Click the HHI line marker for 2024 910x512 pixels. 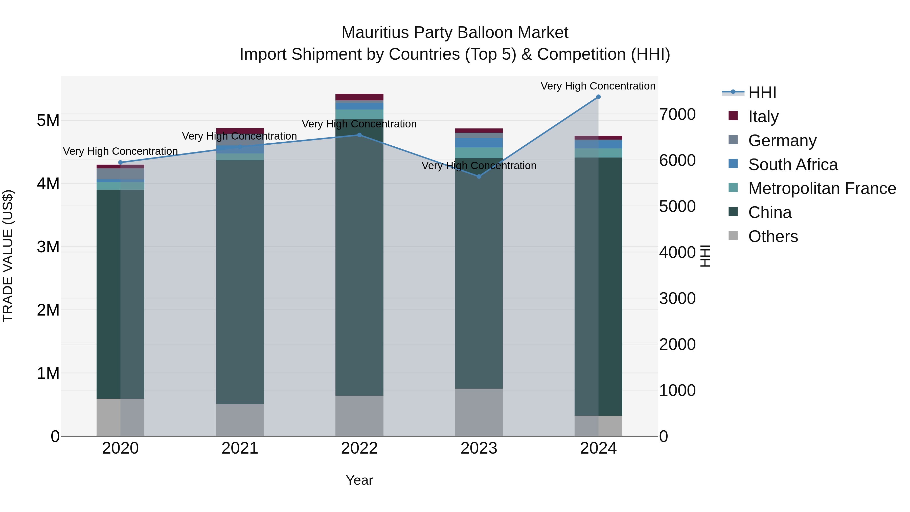(598, 97)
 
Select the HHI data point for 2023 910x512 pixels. (479, 176)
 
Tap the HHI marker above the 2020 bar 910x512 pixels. (121, 163)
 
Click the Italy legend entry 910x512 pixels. (763, 116)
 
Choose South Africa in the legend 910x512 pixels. (792, 165)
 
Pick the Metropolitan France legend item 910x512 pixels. (822, 188)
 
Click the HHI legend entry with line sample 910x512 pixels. (762, 93)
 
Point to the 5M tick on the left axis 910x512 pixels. (48, 121)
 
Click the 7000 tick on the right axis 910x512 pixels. (677, 115)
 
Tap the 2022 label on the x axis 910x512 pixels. (359, 448)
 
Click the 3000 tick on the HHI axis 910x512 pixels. (677, 298)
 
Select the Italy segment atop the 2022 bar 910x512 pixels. (359, 97)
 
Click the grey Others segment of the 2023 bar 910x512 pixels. (479, 412)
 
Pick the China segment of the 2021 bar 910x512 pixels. (240, 283)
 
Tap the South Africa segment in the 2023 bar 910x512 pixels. (479, 143)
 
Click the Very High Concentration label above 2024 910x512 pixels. (598, 86)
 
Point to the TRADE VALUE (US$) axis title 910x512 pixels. (8, 256)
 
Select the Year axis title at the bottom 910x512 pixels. (359, 480)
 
